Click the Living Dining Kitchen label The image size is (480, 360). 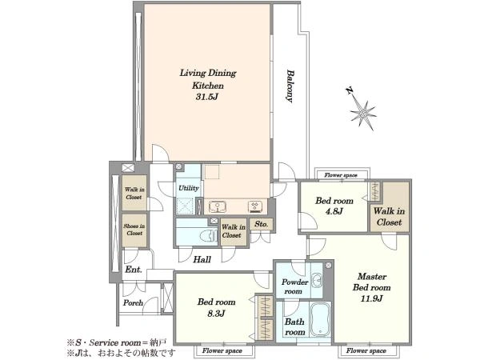[x=208, y=79]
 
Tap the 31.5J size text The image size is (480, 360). [x=207, y=97]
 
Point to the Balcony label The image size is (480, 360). [x=290, y=86]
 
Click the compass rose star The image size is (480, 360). [x=363, y=114]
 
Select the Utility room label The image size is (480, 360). [x=189, y=188]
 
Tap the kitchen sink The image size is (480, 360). [x=218, y=206]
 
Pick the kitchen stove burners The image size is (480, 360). [x=255, y=206]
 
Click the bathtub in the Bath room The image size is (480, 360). [x=320, y=319]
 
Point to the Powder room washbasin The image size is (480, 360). [x=318, y=281]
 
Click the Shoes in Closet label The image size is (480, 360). [x=134, y=230]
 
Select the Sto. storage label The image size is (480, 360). [x=261, y=224]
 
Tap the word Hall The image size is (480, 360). [x=202, y=259]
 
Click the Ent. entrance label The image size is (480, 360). [x=134, y=270]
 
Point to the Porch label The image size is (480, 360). [x=133, y=302]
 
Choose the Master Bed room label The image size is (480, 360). [x=372, y=282]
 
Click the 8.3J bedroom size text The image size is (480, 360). [x=216, y=313]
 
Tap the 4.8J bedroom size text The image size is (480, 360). [x=334, y=211]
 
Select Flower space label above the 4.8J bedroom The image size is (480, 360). [x=341, y=175]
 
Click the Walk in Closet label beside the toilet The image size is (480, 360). [x=234, y=231]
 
